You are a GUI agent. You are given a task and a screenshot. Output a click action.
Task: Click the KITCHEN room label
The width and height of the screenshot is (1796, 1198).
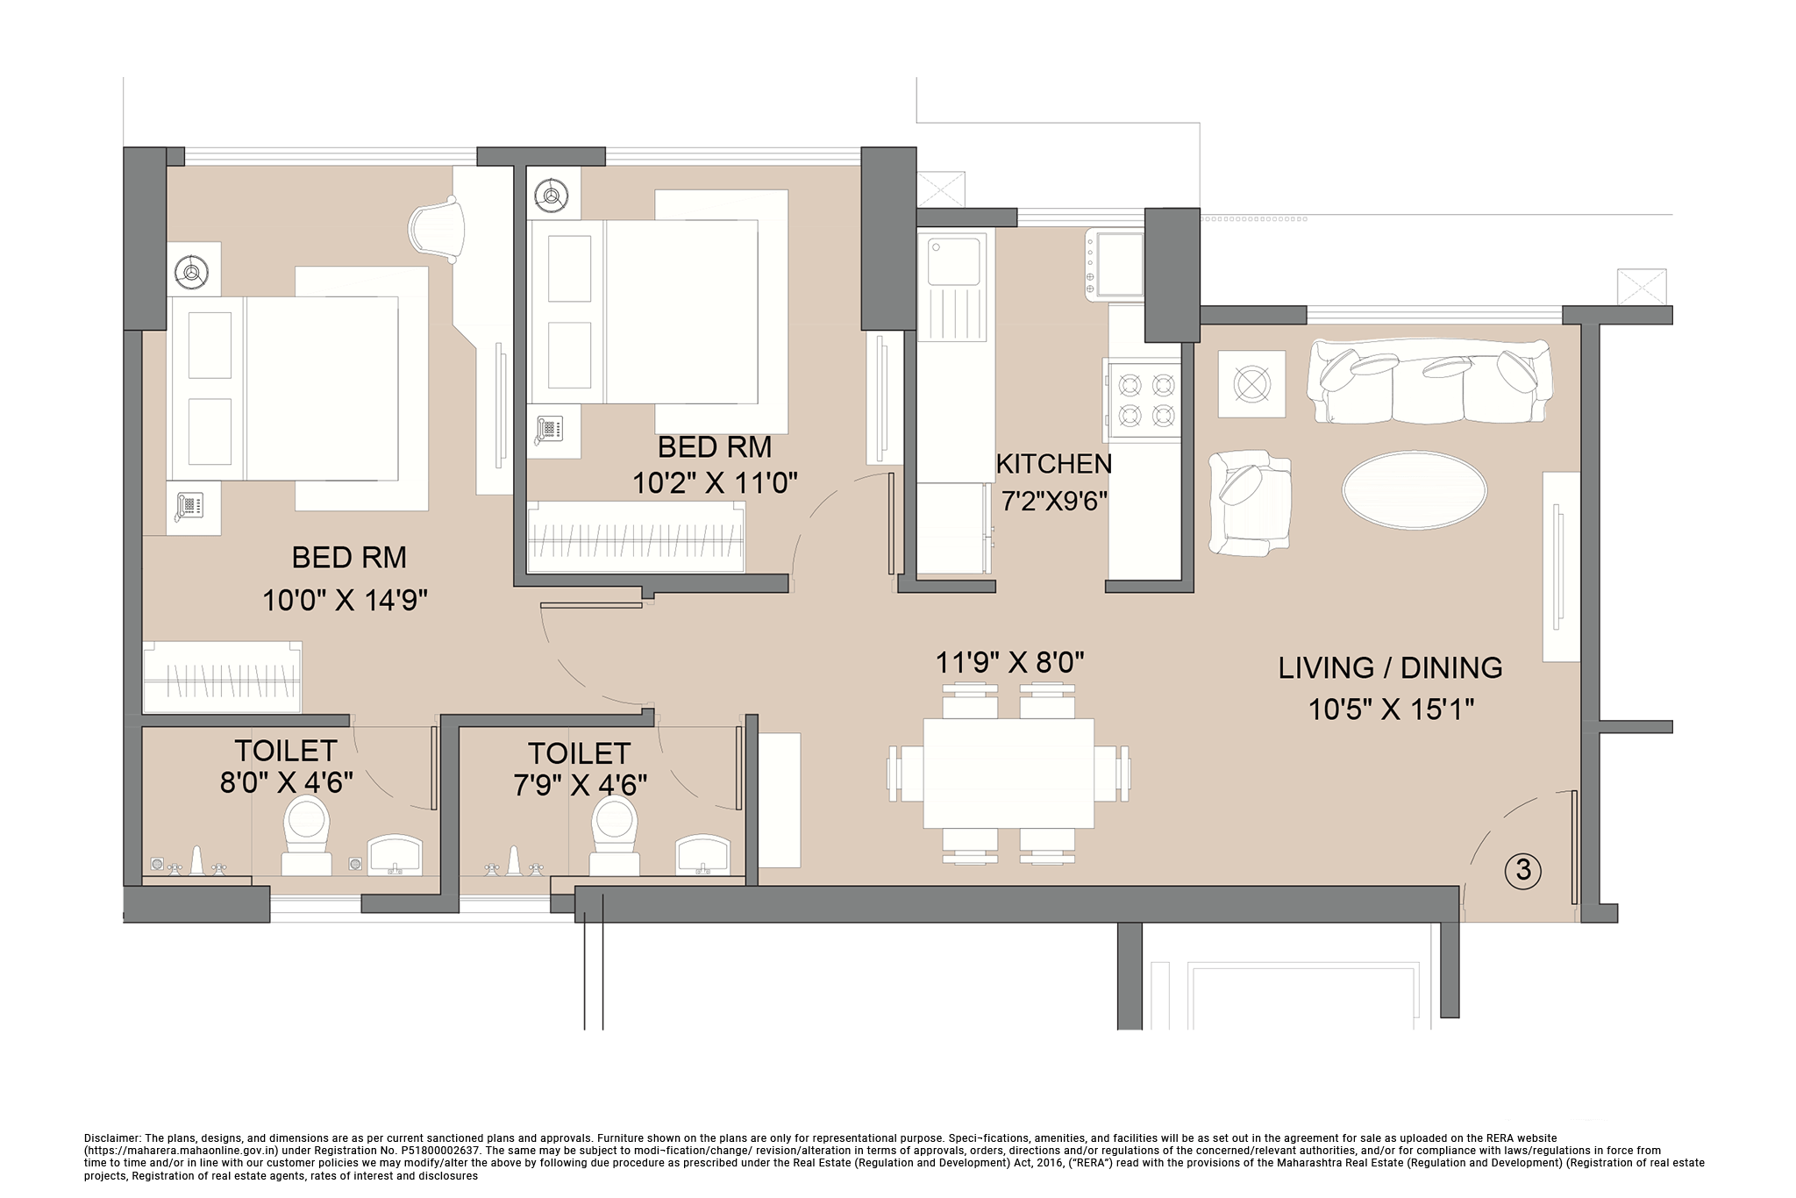[1053, 463]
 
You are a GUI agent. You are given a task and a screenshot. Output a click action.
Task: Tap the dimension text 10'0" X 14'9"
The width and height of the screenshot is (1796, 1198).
[345, 601]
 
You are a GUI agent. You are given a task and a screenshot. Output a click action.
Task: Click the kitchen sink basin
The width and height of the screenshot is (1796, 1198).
[953, 260]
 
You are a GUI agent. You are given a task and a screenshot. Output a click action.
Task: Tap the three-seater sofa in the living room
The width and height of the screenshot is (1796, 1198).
[1429, 382]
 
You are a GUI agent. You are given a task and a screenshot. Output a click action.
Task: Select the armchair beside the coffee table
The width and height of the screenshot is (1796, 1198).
[1248, 503]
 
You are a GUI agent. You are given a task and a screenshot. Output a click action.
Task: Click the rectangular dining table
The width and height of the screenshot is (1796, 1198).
[1008, 773]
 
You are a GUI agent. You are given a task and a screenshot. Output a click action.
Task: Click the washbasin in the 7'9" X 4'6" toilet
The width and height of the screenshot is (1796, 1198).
[702, 855]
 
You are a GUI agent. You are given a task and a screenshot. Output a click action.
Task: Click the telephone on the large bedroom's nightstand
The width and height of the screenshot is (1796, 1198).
[189, 507]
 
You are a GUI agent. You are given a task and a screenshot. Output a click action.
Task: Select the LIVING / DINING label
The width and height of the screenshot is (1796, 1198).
[1390, 667]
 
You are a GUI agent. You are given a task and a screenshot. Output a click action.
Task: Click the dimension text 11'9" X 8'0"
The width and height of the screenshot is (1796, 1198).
[1010, 662]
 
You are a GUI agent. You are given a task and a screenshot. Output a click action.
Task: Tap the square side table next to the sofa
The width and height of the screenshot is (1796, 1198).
[1251, 384]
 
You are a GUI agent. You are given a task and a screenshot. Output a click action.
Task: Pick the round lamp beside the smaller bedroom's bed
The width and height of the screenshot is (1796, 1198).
[552, 197]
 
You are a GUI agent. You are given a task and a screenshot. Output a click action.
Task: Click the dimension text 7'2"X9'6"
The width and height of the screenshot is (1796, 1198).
[1055, 501]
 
